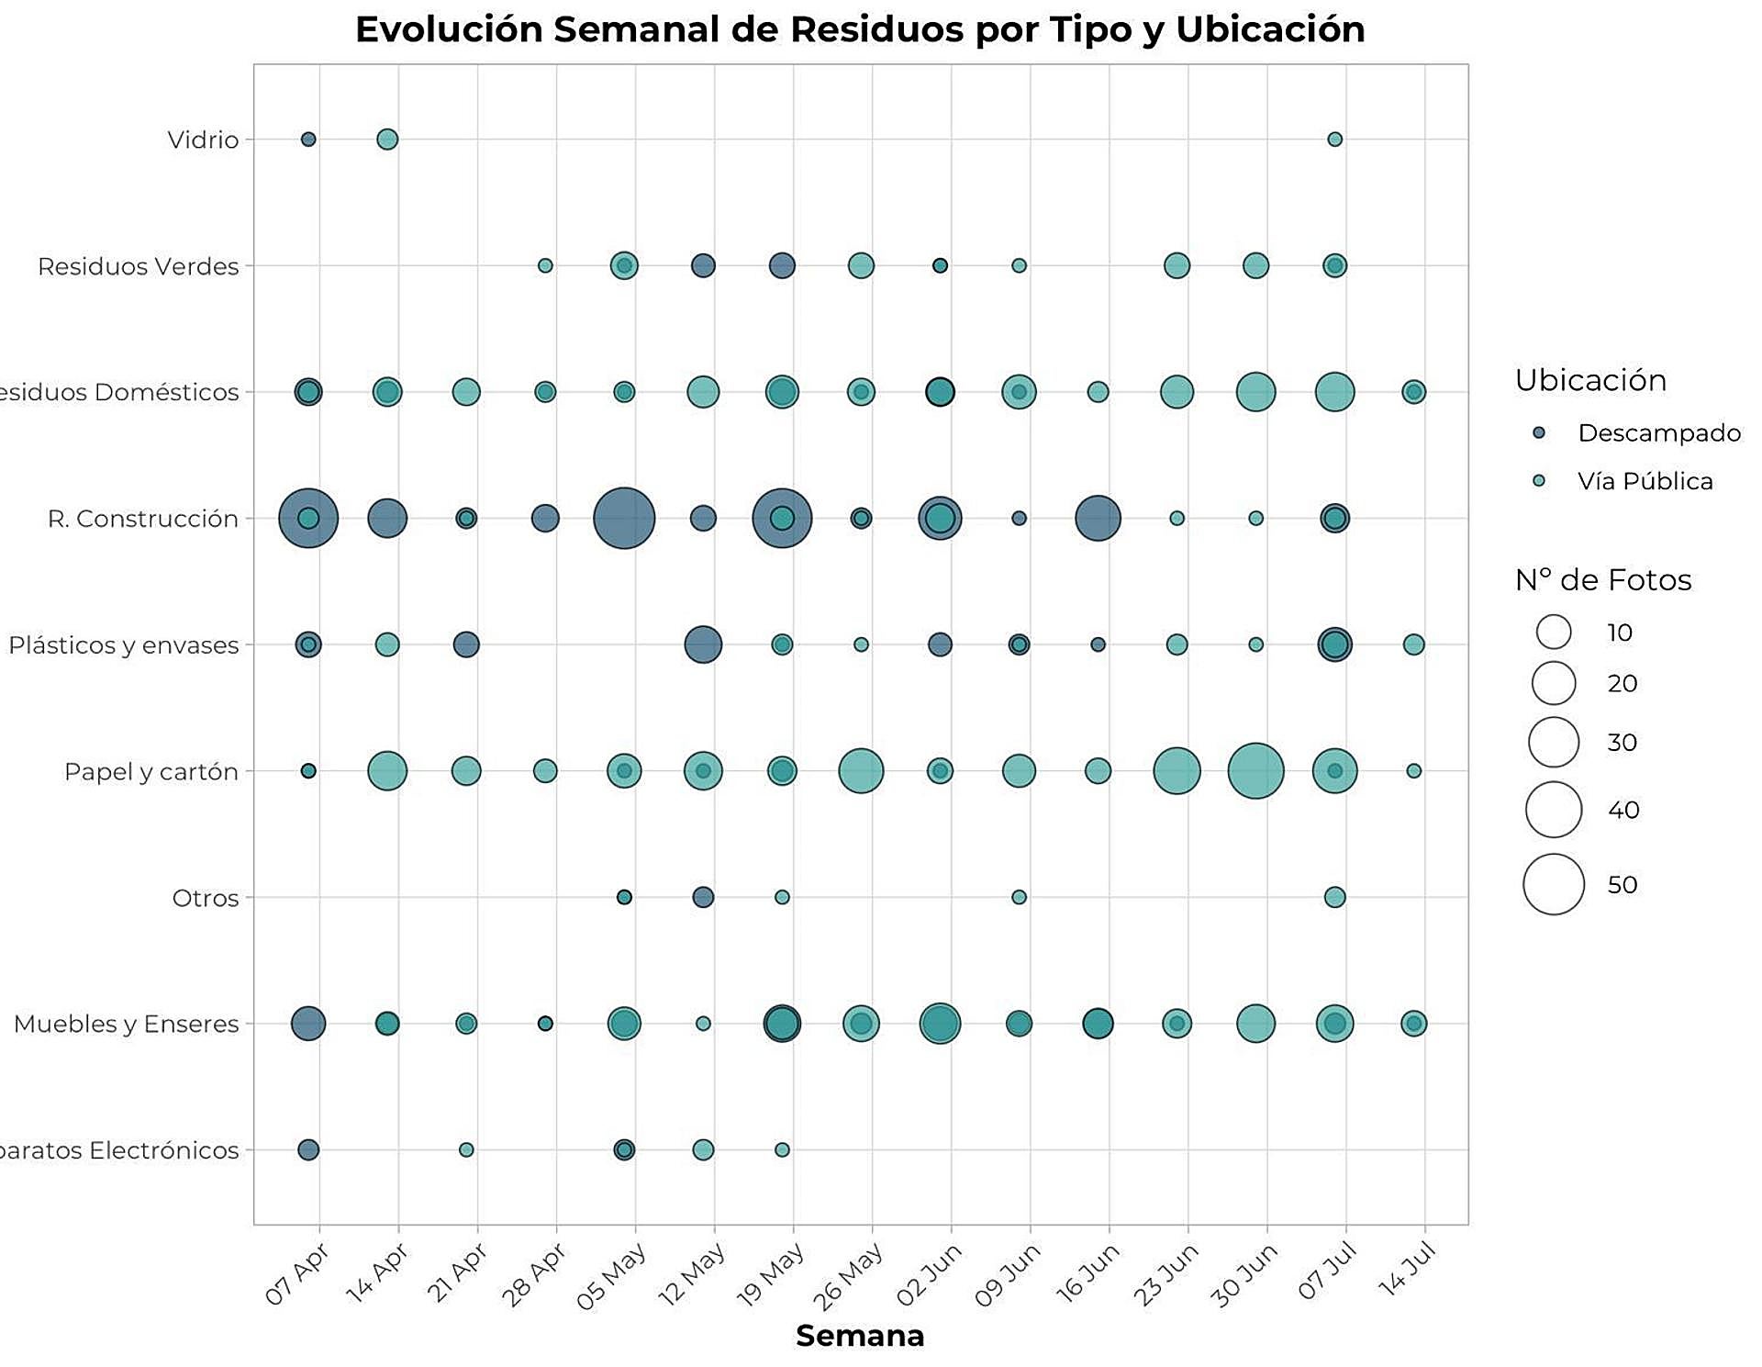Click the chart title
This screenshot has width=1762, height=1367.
pos(860,29)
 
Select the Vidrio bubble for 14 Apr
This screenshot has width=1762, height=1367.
pos(387,140)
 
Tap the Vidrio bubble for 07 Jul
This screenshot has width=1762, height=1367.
pos(1334,140)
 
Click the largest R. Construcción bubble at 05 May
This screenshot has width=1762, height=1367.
pos(624,519)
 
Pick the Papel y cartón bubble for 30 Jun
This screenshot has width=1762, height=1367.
pos(1255,771)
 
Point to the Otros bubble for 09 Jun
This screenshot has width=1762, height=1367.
pos(1019,897)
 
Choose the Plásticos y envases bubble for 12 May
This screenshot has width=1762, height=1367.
pos(703,644)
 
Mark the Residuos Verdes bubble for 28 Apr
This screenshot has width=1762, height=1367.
pos(545,266)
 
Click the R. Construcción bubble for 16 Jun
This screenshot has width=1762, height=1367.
pos(1098,519)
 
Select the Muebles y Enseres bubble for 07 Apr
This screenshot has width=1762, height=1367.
pos(308,1024)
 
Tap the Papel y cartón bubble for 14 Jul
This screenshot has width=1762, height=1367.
pos(1413,771)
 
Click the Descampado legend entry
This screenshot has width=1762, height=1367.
pos(1658,433)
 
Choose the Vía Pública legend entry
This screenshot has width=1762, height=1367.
pos(1645,481)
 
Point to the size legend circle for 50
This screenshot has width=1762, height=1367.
pos(1554,884)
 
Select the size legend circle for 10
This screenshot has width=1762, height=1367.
pos(1554,633)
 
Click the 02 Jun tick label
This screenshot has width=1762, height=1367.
pos(929,1274)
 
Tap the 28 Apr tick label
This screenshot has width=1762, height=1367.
pos(533,1274)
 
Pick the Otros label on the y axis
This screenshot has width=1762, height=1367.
pos(205,898)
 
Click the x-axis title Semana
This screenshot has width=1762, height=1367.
pos(860,1336)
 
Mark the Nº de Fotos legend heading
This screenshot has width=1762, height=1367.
pos(1603,580)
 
